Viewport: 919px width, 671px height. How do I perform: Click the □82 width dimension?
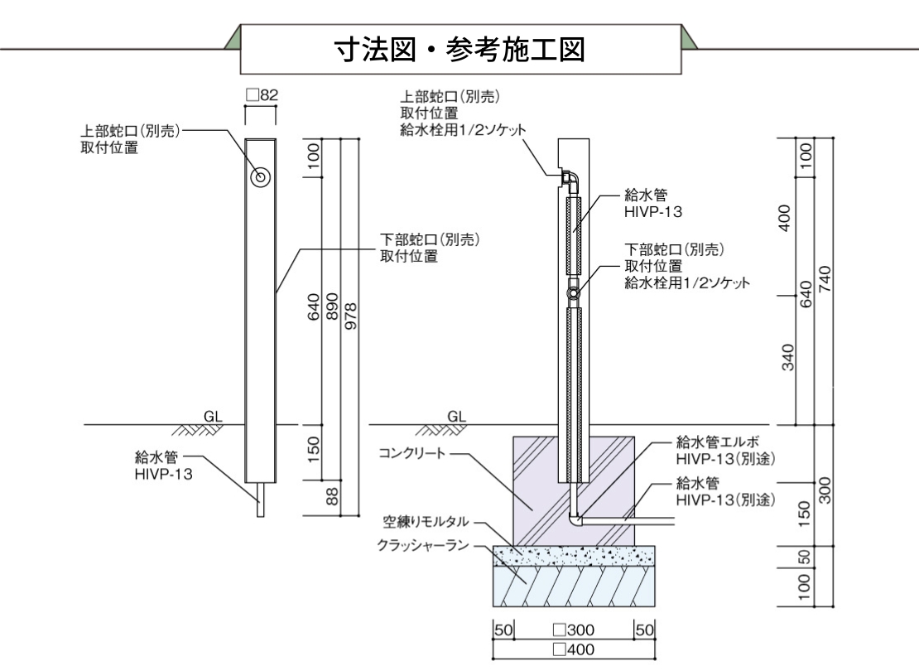[262, 96]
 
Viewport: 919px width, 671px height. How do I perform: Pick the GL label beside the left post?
[214, 416]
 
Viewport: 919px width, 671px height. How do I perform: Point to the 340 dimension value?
[787, 359]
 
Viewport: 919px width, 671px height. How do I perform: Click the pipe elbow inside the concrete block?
[577, 519]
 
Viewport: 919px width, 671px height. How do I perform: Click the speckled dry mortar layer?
[574, 556]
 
